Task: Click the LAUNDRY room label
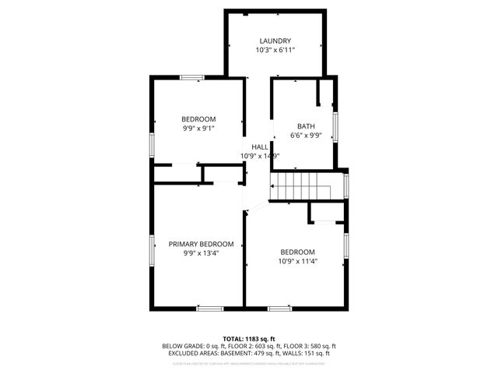(275, 41)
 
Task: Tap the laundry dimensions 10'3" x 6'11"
(275, 50)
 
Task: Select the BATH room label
(306, 126)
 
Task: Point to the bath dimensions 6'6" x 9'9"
(306, 136)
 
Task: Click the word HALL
(260, 146)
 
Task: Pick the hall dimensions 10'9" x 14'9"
(260, 156)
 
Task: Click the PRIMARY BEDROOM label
(201, 244)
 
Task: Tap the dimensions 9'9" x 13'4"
(201, 253)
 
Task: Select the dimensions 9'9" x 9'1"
(199, 129)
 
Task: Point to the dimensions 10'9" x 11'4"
(298, 261)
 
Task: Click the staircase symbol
(300, 187)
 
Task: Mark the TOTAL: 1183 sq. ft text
(249, 338)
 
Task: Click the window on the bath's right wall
(335, 125)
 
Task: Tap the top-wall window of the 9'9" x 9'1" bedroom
(192, 77)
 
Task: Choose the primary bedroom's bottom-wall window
(209, 309)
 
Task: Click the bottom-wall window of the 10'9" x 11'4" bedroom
(279, 309)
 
